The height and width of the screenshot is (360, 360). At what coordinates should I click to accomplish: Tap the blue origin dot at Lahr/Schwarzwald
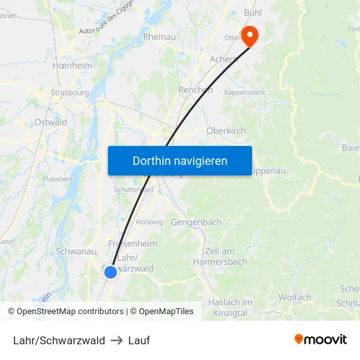coord(111,271)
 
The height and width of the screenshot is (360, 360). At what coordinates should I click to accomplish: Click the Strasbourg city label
coord(69,93)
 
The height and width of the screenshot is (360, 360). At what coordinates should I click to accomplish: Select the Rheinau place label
coord(159,37)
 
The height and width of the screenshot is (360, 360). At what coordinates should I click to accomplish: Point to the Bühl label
coord(252,12)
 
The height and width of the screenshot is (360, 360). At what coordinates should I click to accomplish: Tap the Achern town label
coord(223,60)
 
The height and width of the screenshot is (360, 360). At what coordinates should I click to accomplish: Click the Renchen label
coord(195,90)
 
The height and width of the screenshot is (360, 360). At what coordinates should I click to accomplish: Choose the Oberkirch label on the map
coord(226,131)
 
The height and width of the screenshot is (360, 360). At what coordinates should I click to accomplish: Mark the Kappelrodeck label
coord(245,93)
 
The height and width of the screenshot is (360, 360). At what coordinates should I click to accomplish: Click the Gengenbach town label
coord(196,223)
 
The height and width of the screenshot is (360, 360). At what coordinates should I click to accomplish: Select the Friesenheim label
coord(132,244)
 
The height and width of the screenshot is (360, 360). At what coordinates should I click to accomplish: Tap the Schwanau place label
coord(77,251)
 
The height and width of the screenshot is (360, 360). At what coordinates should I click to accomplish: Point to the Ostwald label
coord(50,122)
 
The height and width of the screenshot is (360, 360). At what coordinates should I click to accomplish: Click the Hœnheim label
coord(72,66)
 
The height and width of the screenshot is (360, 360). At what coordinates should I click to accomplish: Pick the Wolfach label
coord(295,298)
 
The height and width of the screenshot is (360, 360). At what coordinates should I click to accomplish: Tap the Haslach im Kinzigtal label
coord(230,308)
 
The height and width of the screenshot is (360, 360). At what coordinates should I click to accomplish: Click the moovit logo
coord(320,340)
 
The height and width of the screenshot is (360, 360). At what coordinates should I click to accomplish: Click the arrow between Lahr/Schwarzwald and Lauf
coord(117,340)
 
